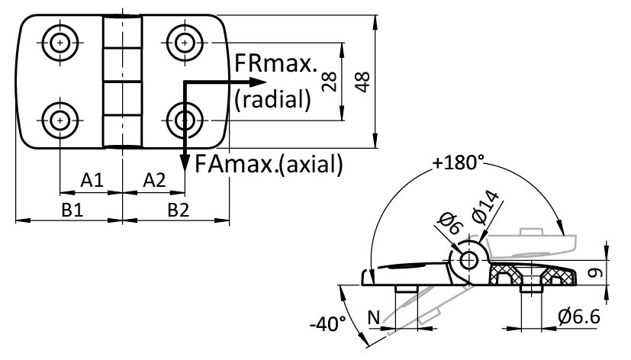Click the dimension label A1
tap(92, 180)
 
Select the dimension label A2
tap(154, 180)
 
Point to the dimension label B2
tap(178, 211)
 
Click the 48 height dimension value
tap(362, 81)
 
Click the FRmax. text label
tap(275, 64)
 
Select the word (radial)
tap(273, 98)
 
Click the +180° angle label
tap(458, 162)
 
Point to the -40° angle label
tap(330, 323)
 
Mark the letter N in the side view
tap(373, 315)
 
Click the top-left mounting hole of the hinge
tap(60, 42)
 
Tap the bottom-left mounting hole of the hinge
tap(60, 119)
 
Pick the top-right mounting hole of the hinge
tap(184, 42)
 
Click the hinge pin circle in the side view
tap(469, 260)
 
